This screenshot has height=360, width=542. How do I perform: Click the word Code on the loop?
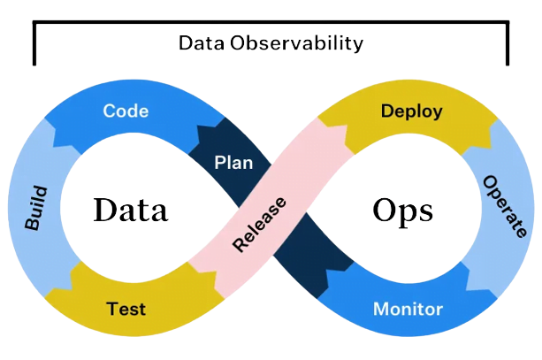point(126,111)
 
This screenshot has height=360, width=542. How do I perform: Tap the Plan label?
point(233,163)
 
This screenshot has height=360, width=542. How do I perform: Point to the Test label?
point(126,310)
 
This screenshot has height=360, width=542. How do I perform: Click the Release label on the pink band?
point(260,226)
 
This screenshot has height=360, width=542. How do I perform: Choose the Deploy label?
point(411,111)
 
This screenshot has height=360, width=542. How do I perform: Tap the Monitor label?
point(408,310)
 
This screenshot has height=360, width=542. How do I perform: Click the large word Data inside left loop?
point(130,211)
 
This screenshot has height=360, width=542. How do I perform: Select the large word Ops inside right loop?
point(402,211)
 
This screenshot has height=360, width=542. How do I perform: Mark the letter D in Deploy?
point(386,111)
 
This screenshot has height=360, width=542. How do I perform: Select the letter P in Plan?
point(220,163)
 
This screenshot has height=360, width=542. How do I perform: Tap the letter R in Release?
point(239,245)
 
